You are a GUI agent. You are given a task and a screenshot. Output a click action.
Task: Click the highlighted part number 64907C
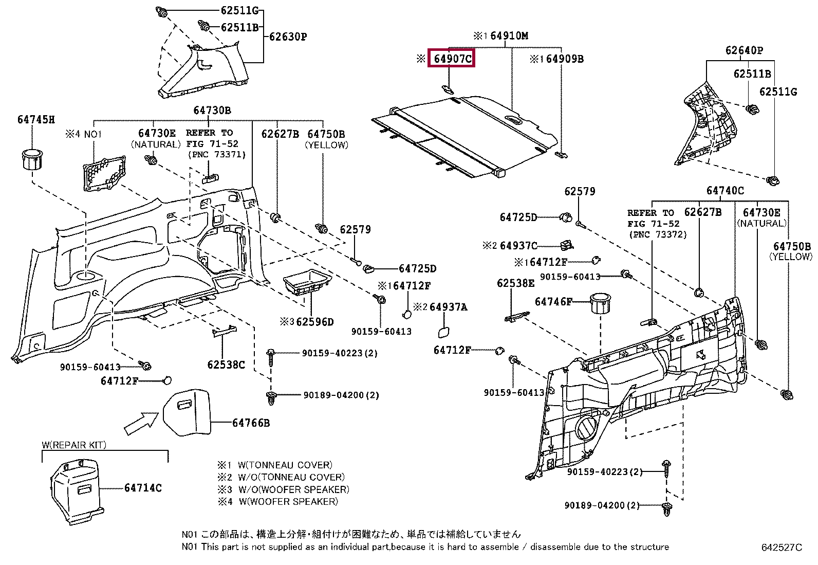coord(452,59)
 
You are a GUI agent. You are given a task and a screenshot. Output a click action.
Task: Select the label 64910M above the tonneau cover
coord(509,35)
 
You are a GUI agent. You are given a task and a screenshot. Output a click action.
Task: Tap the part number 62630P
coord(287,37)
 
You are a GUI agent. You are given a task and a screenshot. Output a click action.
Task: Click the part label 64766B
coord(251,423)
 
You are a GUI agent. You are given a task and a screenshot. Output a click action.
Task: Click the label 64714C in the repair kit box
coord(142,487)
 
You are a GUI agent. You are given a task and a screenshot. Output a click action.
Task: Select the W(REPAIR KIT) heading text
coord(75,445)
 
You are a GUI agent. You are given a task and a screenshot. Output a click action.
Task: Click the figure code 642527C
coord(782,548)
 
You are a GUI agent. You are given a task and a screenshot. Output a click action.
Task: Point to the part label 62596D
coord(314,322)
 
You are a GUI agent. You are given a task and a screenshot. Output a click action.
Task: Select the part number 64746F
coord(553,302)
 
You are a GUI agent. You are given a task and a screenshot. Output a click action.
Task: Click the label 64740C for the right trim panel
coord(725,191)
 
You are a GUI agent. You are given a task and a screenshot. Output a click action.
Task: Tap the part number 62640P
coord(744,50)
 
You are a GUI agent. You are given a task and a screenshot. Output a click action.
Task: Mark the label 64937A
coord(449,307)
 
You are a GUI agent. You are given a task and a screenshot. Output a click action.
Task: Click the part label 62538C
coord(226,364)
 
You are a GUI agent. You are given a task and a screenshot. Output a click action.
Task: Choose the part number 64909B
coord(565,59)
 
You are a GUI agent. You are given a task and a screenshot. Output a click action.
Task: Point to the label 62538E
coord(515,283)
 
